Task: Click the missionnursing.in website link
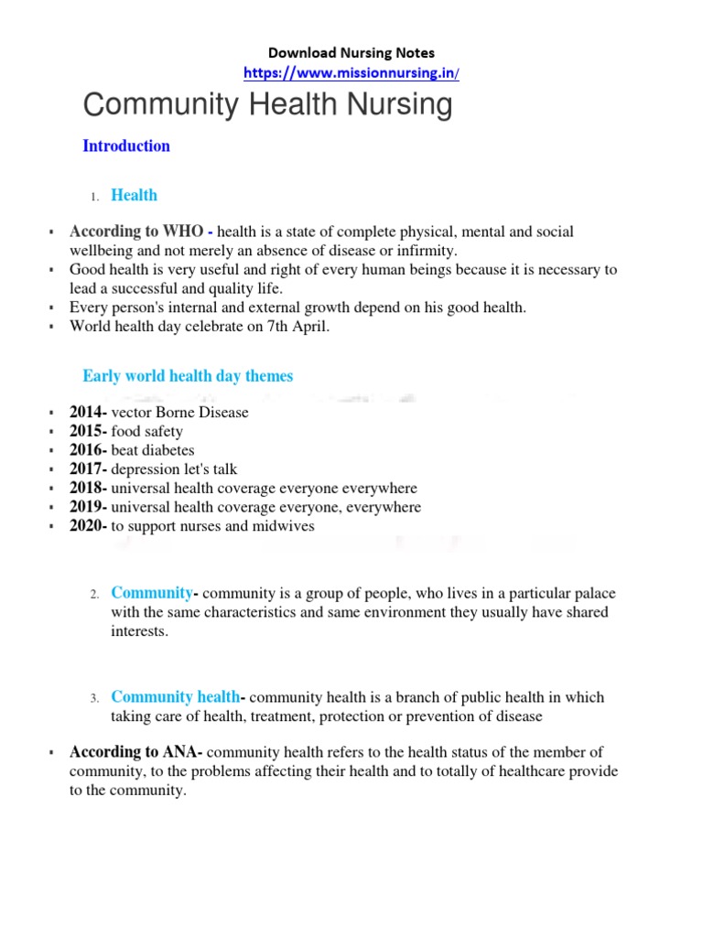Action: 351,72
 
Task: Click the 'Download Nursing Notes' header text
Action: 351,53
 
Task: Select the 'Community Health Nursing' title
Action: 267,105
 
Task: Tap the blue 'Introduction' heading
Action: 126,145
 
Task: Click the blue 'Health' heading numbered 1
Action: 134,195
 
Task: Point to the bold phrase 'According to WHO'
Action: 135,232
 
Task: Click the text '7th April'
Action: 298,327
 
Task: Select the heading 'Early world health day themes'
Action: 188,376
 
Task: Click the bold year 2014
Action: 88,412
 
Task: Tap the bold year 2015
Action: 88,431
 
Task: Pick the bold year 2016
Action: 88,450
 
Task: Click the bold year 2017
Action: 88,469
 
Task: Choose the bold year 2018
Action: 88,489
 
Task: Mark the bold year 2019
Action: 88,507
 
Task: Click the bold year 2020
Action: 88,526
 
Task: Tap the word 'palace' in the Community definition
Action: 583,594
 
